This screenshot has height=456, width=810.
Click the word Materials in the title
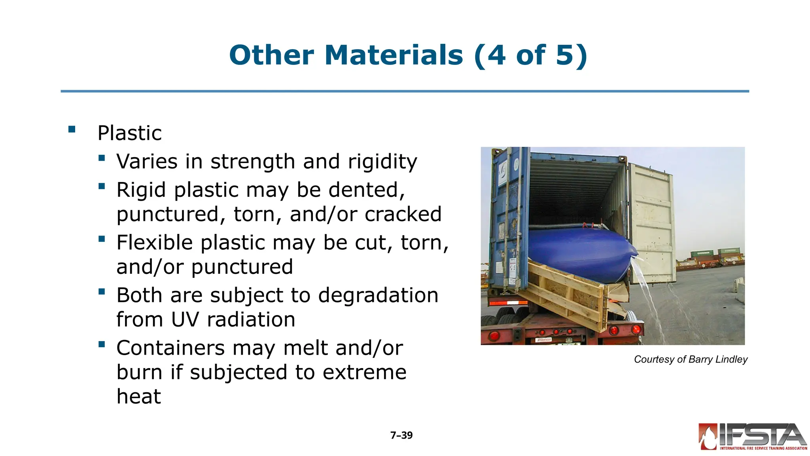(x=394, y=55)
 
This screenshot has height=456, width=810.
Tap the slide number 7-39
(x=401, y=435)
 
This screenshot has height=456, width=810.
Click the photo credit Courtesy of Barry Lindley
(x=691, y=359)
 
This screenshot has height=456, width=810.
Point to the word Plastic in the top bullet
(x=130, y=133)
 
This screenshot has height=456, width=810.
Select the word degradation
(x=378, y=295)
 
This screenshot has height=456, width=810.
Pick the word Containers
(x=171, y=348)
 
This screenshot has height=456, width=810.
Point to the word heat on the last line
(x=139, y=396)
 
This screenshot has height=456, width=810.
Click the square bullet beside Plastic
(x=72, y=129)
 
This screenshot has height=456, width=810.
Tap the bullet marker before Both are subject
(x=102, y=292)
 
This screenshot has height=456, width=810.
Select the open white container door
(x=653, y=222)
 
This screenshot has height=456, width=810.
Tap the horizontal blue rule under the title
(x=405, y=91)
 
